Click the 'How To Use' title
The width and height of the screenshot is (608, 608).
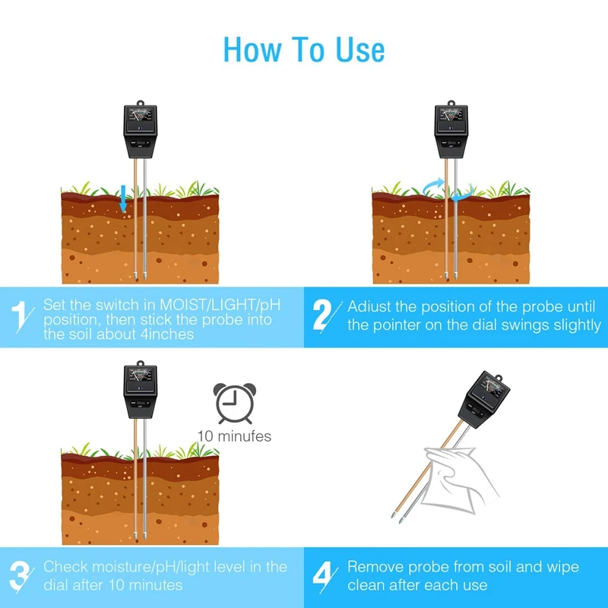[x=304, y=50]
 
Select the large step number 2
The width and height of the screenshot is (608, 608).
[x=322, y=315]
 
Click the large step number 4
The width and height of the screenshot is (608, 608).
[x=322, y=577]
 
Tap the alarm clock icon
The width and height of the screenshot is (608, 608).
[x=235, y=404]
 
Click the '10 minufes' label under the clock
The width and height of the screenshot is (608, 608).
[x=234, y=436]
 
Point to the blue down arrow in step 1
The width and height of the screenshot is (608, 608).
[x=123, y=198]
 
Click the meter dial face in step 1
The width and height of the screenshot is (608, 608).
[x=141, y=115]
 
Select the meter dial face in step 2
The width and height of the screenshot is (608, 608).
[x=451, y=115]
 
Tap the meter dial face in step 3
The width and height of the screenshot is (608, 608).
[x=141, y=375]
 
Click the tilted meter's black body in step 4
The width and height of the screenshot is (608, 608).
[x=483, y=401]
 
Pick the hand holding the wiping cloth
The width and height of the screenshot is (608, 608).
[x=461, y=479]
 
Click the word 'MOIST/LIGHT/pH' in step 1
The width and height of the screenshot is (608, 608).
[x=220, y=306]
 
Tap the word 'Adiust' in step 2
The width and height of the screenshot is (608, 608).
[x=369, y=307]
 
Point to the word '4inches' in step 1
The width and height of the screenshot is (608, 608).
[x=166, y=334]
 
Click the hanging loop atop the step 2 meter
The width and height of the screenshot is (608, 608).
[x=451, y=103]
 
